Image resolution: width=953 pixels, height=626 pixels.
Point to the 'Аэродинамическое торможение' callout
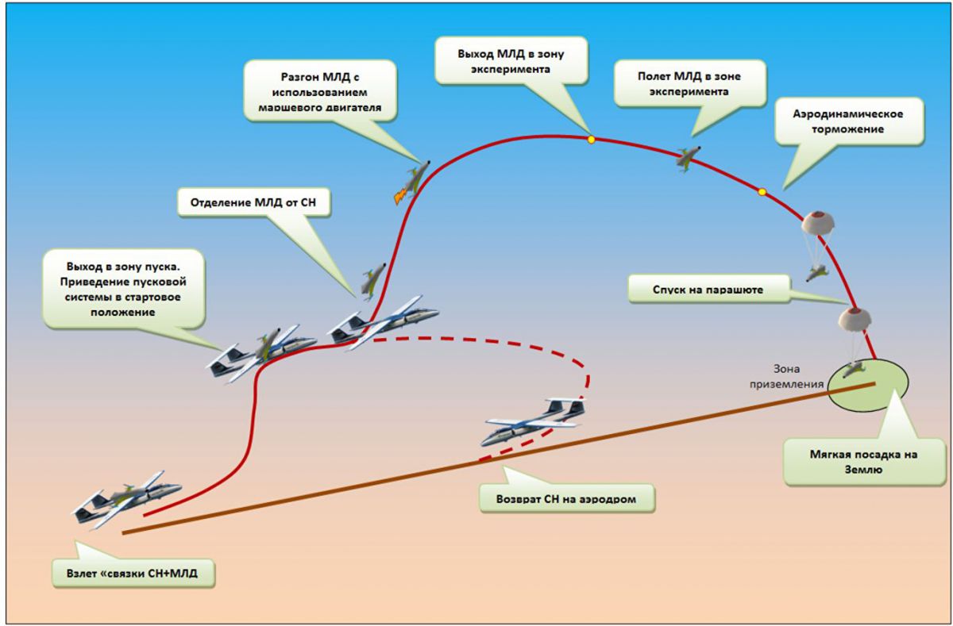click(x=848, y=121)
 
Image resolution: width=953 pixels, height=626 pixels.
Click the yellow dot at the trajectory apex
click(x=591, y=140)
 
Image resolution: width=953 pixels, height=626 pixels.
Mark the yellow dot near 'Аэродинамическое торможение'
click(x=762, y=191)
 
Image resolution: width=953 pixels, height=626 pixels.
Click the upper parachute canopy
click(x=817, y=226)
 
